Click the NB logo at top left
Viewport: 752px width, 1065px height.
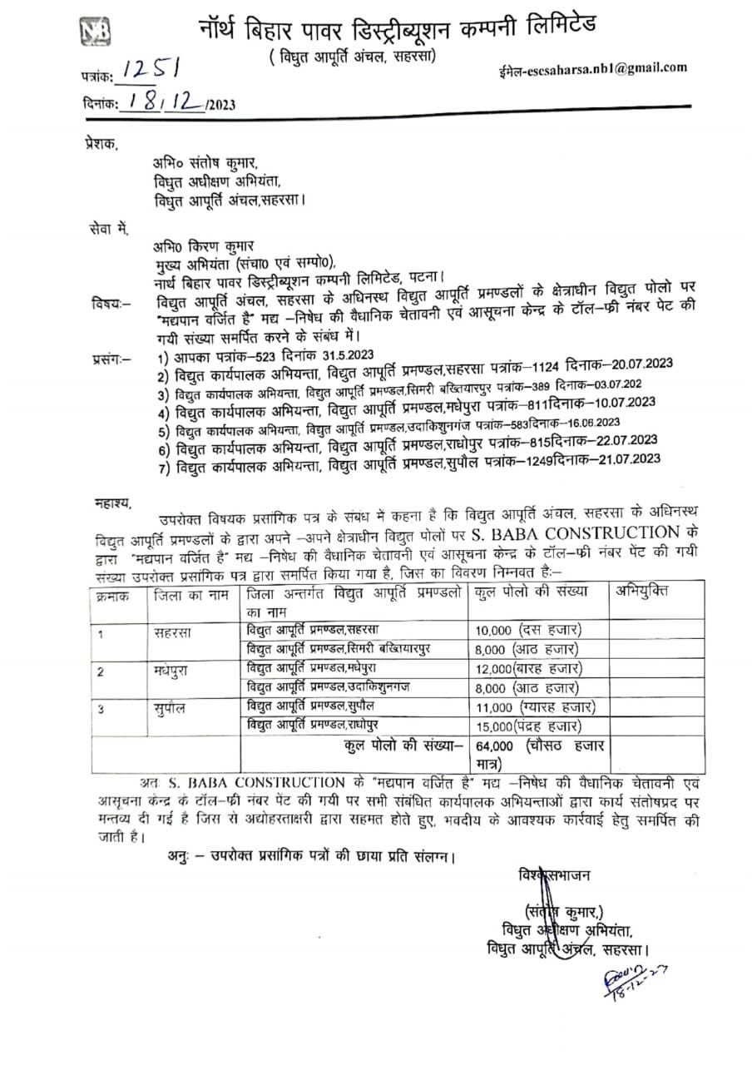pyautogui.click(x=95, y=32)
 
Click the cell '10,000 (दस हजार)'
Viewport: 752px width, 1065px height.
pyautogui.click(x=530, y=630)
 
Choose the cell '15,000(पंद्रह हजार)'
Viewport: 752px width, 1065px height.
pyautogui.click(x=529, y=724)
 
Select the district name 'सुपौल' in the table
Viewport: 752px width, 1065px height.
pyautogui.click(x=170, y=708)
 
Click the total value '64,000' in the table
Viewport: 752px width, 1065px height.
pyautogui.click(x=495, y=745)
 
